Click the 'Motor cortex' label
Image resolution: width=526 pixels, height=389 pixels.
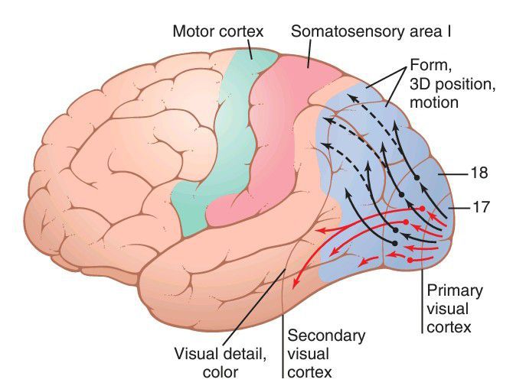coord(217,32)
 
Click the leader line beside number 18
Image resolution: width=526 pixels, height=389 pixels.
coord(455,174)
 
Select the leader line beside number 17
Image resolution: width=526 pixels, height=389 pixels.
coord(458,207)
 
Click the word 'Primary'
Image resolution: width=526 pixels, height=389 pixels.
coord(455,292)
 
